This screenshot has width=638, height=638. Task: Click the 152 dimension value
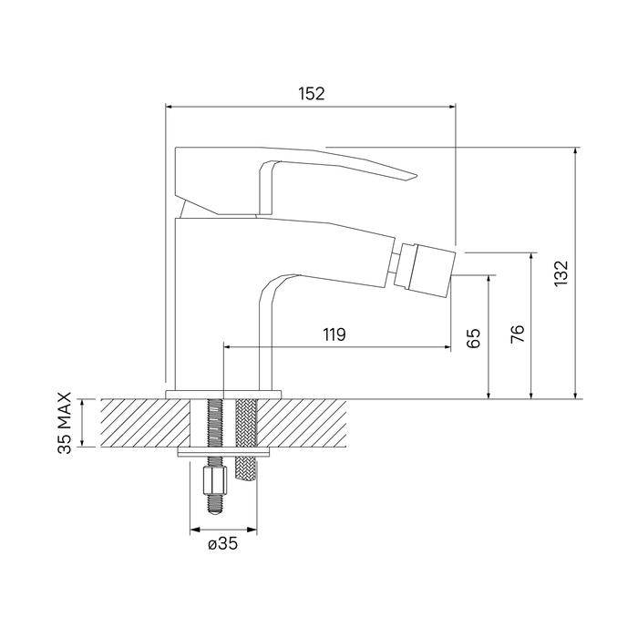coord(312,94)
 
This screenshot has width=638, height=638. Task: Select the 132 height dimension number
coord(561,273)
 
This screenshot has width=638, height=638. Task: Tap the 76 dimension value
coord(518,334)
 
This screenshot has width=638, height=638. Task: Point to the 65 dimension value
coord(473,338)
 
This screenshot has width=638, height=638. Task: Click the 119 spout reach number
coord(334,334)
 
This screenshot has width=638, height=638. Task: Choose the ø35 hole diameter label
coord(222,543)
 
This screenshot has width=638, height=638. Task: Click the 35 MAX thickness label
coord(65,423)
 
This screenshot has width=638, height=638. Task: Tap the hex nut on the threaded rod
coord(213,480)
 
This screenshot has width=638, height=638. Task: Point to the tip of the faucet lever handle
coord(417,175)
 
